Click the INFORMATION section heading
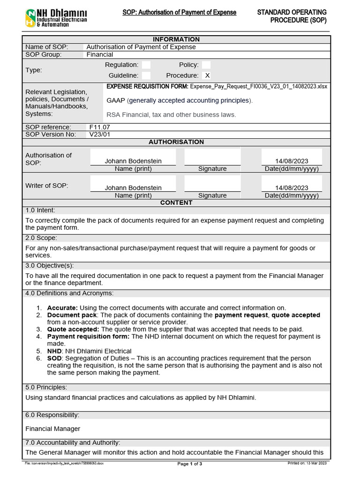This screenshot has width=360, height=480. [x=176, y=39]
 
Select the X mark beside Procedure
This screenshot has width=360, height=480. [x=207, y=75]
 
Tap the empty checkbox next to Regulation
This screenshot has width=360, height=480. [x=146, y=65]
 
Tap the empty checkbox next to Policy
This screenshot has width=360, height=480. [x=206, y=65]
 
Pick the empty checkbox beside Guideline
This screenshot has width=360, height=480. [x=146, y=75]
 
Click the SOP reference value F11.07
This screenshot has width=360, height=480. [x=100, y=127]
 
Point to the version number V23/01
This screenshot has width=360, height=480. [x=100, y=135]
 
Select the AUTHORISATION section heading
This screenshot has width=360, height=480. [x=176, y=142]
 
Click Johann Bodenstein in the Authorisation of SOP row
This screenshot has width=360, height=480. [x=133, y=161]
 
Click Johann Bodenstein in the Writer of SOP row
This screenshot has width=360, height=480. [x=133, y=188]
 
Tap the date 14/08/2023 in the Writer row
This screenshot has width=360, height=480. [x=292, y=188]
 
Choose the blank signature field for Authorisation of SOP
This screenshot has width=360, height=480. [x=212, y=158]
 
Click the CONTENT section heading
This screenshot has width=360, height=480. [x=176, y=202]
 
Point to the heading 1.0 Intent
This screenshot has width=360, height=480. [x=40, y=210]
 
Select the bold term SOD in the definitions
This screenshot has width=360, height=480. [x=54, y=359]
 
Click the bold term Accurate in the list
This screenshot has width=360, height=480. [x=61, y=308]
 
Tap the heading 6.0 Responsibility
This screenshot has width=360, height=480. [x=52, y=415]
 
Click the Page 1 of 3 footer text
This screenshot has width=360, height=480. [x=190, y=464]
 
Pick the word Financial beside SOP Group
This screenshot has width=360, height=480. [x=100, y=54]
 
